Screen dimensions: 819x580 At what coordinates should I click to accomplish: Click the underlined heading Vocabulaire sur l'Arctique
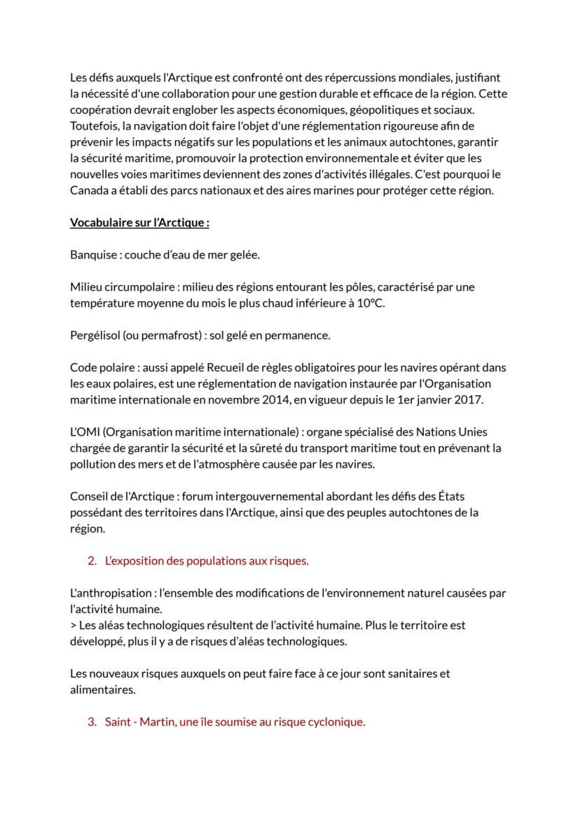(x=139, y=223)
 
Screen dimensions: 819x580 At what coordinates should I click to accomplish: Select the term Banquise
(x=94, y=255)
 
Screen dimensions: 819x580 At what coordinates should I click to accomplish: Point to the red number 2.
(x=92, y=560)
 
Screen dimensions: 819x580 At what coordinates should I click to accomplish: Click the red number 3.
(x=92, y=722)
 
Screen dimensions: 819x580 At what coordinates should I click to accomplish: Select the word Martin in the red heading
(x=156, y=722)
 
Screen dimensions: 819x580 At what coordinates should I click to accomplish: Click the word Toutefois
(x=95, y=126)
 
